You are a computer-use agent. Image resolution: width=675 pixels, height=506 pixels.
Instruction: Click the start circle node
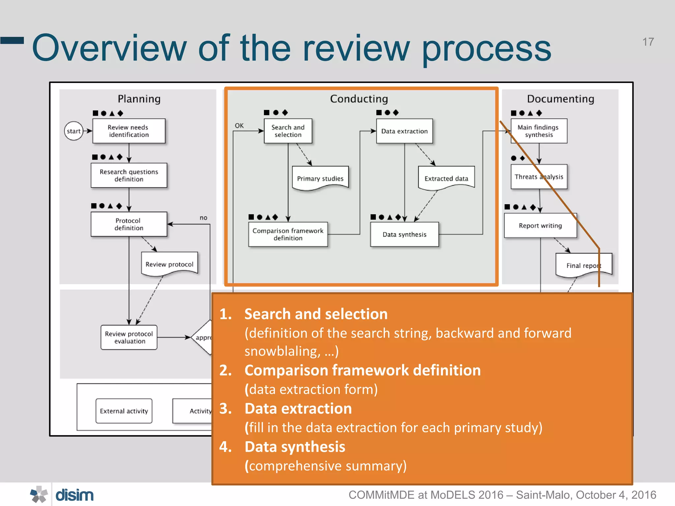[73, 131]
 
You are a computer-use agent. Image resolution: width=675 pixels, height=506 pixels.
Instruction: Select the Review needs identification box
[129, 131]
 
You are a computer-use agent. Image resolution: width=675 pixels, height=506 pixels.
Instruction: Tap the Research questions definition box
[129, 175]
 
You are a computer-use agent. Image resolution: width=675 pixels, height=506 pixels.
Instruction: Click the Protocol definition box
[129, 224]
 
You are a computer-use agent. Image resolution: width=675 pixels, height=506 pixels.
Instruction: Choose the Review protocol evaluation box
[129, 337]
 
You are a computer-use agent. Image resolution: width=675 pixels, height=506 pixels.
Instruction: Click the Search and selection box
[288, 131]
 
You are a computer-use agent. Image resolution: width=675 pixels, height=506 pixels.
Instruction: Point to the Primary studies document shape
[320, 178]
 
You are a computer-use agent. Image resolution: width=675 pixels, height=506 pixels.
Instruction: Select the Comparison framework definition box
[288, 234]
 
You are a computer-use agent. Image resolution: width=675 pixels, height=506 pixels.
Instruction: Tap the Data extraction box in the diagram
[404, 131]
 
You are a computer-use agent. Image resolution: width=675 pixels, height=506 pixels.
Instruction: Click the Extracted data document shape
[446, 178]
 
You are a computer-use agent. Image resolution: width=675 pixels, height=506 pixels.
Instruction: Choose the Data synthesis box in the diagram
[404, 234]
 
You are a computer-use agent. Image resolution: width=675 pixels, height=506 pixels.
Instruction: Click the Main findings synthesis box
[539, 131]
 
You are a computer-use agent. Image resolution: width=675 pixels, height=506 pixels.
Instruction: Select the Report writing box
[540, 226]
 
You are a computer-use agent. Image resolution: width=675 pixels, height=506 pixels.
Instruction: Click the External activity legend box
[124, 411]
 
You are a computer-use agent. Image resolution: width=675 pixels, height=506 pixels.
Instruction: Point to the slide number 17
[648, 42]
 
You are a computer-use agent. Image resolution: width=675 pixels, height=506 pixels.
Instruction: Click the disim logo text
[74, 495]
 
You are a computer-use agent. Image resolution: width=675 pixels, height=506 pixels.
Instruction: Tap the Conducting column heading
[359, 99]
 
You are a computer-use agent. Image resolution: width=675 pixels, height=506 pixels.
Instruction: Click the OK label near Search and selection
[239, 126]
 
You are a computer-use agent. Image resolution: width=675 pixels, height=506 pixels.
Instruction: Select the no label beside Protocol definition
[203, 218]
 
